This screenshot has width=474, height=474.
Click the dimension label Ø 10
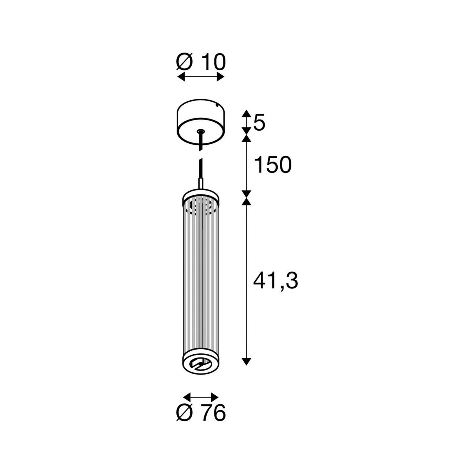point(201,62)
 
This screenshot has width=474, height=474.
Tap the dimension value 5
point(259,122)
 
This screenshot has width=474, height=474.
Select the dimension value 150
point(273,165)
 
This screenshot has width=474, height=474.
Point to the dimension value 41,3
point(275,281)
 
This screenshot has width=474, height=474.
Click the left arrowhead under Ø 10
point(181,77)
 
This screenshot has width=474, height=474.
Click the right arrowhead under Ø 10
point(220,77)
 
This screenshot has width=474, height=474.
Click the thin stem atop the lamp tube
point(201,184)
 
